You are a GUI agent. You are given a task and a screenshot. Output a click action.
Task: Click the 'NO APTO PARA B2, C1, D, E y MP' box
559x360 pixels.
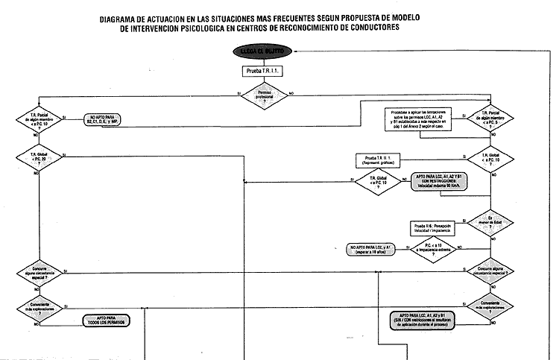pyautogui.click(x=113, y=119)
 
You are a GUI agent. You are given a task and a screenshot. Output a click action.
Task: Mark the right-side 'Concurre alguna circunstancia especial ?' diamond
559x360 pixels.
pyautogui.click(x=490, y=270)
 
